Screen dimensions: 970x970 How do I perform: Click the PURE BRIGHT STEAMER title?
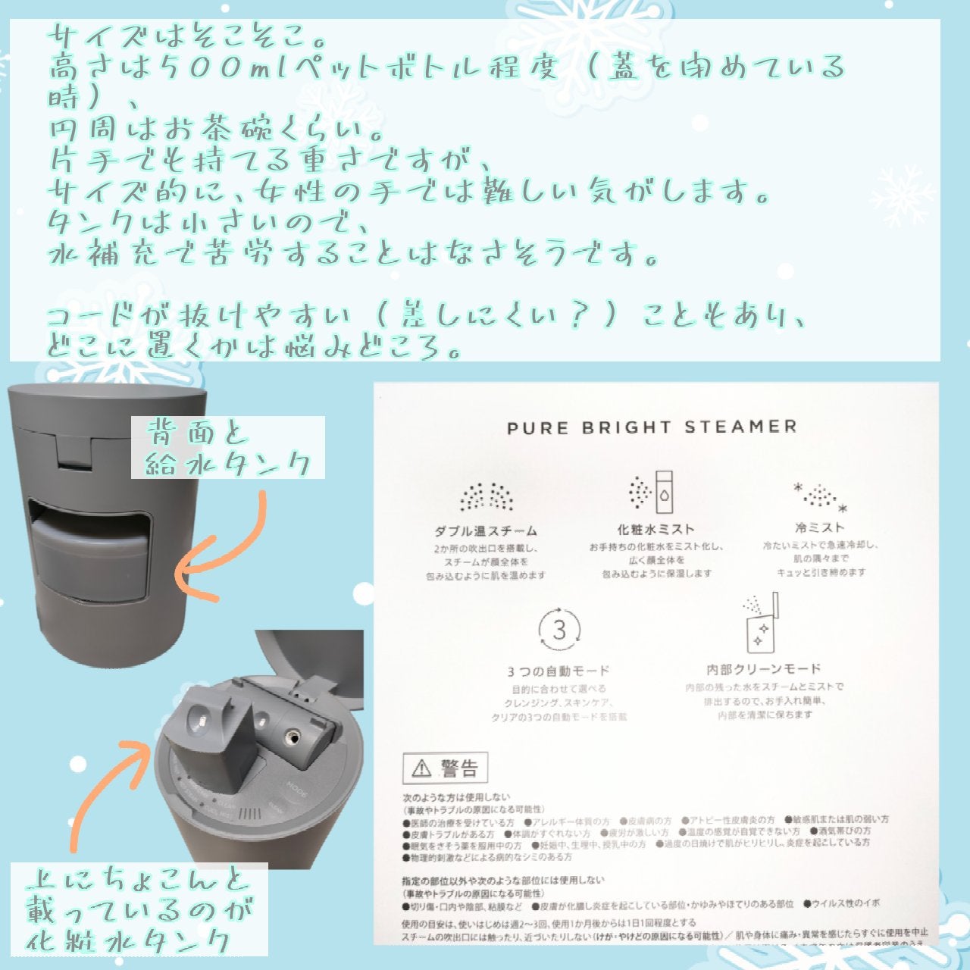pos(652,427)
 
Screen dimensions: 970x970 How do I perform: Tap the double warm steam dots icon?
pos(486,496)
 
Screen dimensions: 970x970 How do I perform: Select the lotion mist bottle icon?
pos(652,493)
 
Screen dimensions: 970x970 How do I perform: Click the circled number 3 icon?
pos(559,630)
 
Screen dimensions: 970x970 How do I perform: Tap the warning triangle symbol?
pos(421,770)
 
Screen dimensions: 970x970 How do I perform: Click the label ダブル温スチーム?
pos(486,531)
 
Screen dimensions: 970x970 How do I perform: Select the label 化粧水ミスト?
pos(656,529)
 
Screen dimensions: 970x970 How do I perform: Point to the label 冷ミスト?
pos(819,527)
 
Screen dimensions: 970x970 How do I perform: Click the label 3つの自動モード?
pos(559,671)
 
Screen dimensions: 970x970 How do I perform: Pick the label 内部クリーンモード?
pos(763,669)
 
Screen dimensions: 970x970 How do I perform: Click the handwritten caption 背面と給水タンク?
pos(227,448)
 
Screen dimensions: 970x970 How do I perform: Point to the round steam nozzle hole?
pos(291,735)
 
